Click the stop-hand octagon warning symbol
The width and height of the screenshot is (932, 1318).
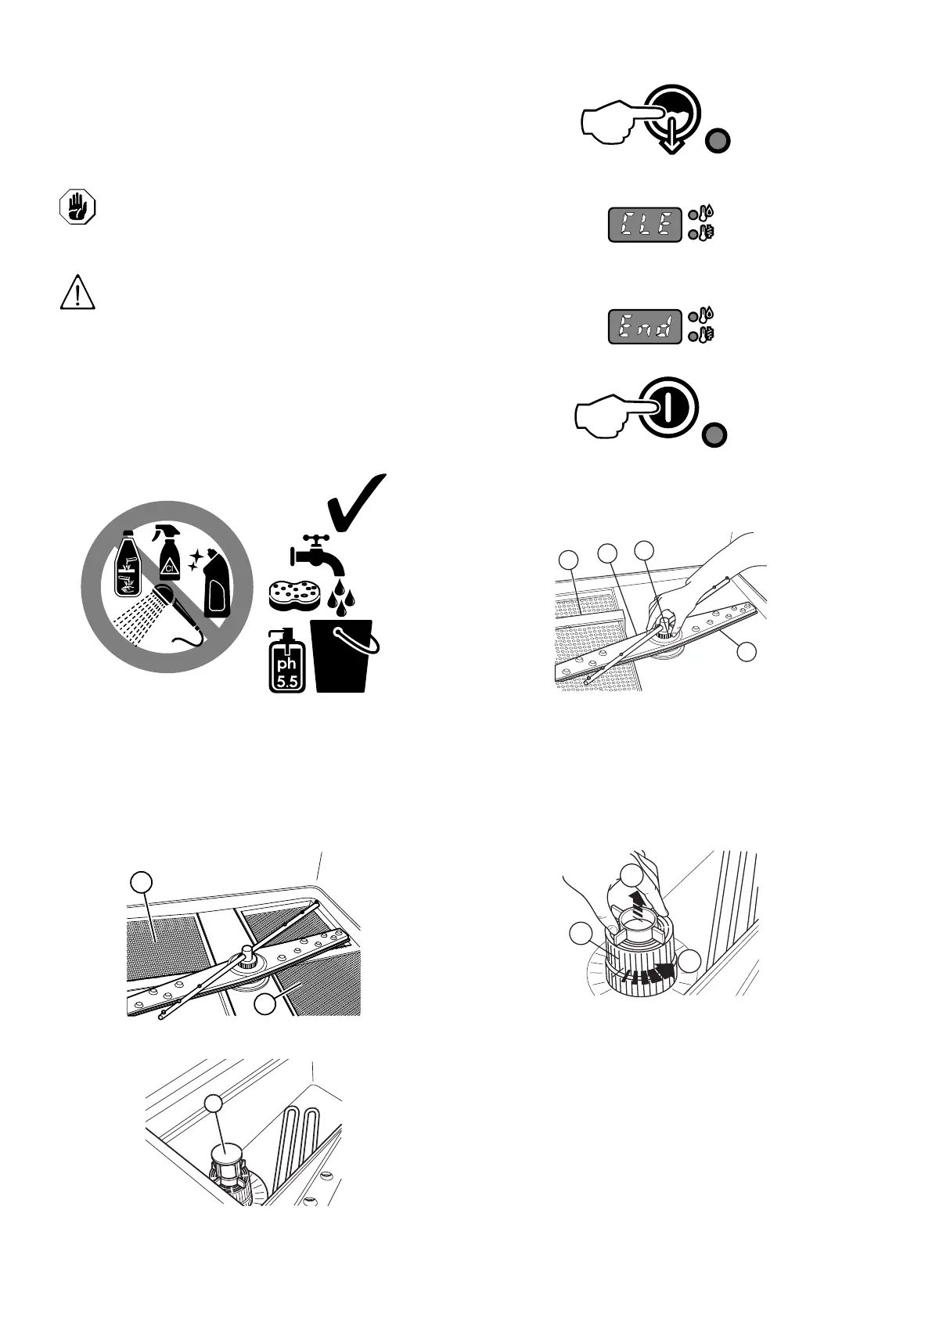point(77,208)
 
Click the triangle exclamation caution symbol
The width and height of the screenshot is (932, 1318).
point(77,293)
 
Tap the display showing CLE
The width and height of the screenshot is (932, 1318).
point(645,225)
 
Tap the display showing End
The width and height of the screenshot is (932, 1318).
point(645,327)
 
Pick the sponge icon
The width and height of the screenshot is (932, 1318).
point(293,596)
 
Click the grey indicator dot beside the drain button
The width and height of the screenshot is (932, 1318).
point(718,142)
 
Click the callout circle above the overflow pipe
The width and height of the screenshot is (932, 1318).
point(213,1103)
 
